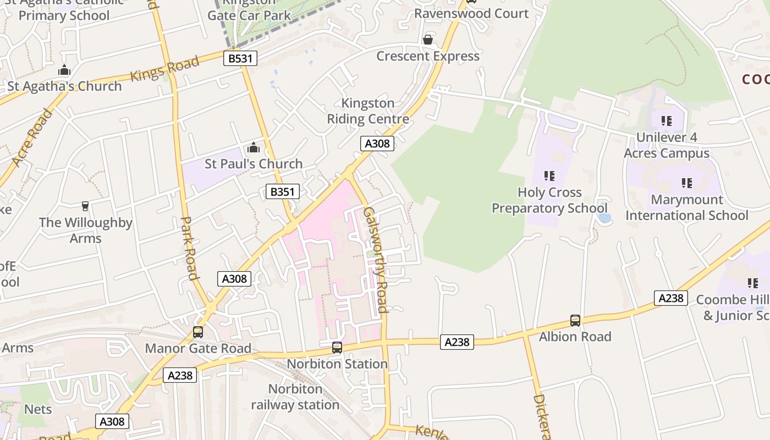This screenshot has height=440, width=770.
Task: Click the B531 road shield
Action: tap(240, 58)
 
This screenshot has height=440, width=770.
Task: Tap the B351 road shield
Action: tap(283, 191)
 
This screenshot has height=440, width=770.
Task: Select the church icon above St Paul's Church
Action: tap(254, 148)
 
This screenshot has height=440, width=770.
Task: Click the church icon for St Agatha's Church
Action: tap(64, 70)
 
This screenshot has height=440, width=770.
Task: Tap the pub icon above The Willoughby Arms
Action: tap(85, 206)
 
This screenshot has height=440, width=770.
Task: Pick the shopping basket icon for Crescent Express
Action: tap(427, 40)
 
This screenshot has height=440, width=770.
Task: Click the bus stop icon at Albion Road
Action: tap(575, 321)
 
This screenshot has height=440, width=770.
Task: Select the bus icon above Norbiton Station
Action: tap(337, 348)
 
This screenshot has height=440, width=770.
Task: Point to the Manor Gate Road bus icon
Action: tap(198, 332)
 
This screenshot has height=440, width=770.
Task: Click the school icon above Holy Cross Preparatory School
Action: tap(549, 176)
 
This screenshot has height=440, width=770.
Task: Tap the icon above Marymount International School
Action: tap(686, 183)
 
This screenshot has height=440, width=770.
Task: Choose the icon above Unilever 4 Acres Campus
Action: tap(667, 120)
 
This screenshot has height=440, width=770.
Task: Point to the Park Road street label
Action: tap(189, 248)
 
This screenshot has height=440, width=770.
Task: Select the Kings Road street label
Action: tap(164, 69)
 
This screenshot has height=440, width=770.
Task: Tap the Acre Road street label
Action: tap(32, 137)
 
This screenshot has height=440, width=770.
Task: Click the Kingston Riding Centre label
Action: tap(368, 111)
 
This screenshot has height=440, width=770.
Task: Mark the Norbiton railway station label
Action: tap(295, 397)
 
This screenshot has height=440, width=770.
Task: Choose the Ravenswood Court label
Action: tap(471, 13)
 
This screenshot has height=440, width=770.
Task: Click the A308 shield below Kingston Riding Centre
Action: tap(377, 144)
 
